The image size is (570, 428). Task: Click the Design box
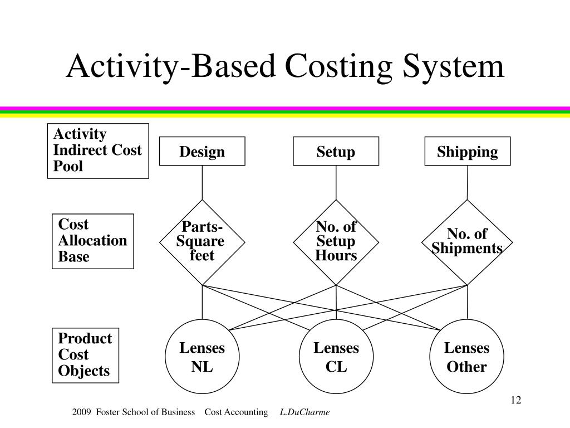click(x=202, y=151)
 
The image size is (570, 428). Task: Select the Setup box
click(x=336, y=151)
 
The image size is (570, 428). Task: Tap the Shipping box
click(x=468, y=151)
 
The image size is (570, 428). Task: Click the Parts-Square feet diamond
click(x=202, y=242)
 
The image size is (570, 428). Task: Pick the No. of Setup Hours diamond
click(x=336, y=242)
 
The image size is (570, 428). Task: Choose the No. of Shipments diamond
click(x=467, y=242)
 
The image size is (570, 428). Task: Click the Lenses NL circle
click(x=202, y=356)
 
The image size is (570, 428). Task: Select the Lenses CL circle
click(x=336, y=356)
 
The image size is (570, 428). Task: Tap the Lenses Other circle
click(x=467, y=356)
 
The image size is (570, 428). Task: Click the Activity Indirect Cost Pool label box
click(x=98, y=150)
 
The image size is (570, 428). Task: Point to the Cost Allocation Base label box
click(x=93, y=241)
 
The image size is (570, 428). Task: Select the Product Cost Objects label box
click(x=85, y=355)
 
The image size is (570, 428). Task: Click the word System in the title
click(x=453, y=67)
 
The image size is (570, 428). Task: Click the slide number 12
click(x=516, y=400)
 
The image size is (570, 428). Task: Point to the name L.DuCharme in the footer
click(x=304, y=412)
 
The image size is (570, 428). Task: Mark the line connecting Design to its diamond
click(x=202, y=183)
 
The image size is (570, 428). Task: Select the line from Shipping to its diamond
click(x=467, y=183)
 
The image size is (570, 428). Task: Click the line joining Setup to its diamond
click(x=336, y=183)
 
